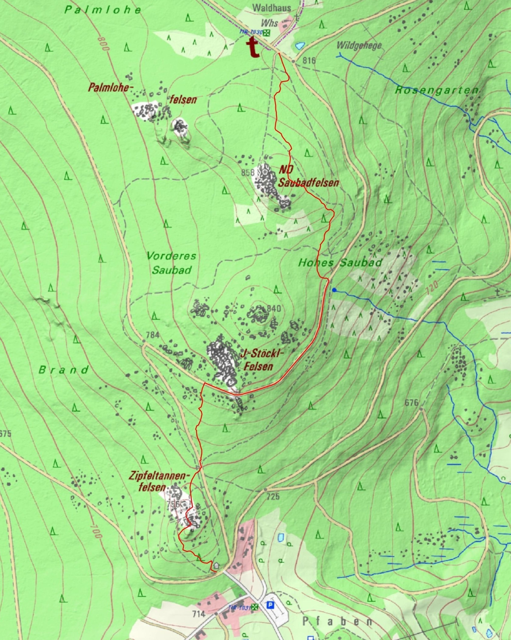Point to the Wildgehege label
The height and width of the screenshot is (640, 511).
click(359, 46)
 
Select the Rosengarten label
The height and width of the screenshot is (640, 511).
click(436, 91)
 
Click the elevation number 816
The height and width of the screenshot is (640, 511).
click(309, 61)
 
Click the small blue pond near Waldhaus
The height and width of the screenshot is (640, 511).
click(300, 46)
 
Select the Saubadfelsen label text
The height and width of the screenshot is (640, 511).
click(309, 183)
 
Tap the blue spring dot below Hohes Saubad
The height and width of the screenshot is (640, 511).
click(335, 290)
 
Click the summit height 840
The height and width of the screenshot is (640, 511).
click(274, 309)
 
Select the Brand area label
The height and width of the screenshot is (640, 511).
click(64, 370)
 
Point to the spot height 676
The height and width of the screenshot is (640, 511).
click(411, 403)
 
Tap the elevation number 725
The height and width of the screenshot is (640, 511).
click(273, 496)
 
